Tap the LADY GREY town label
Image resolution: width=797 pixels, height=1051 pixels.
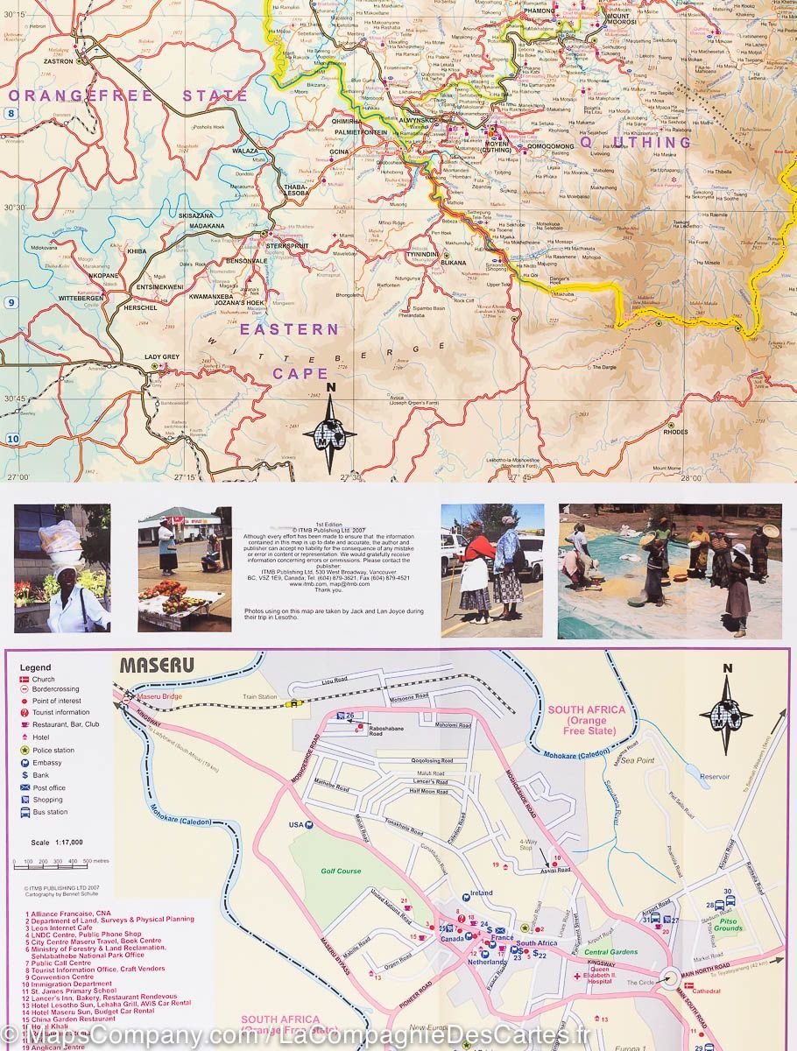[161, 357]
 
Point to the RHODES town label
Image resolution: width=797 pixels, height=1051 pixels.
[675, 432]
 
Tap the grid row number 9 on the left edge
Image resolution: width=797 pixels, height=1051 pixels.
[11, 303]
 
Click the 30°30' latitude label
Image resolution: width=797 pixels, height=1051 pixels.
[15, 208]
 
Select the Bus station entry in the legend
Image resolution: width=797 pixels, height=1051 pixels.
[49, 812]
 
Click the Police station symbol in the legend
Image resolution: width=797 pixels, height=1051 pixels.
[25, 751]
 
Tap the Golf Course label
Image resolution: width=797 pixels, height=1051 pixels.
[340, 871]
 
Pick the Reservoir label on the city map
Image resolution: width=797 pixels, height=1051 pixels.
[715, 776]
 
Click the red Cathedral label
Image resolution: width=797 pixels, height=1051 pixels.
[706, 991]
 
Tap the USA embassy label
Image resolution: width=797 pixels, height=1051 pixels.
[295, 824]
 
